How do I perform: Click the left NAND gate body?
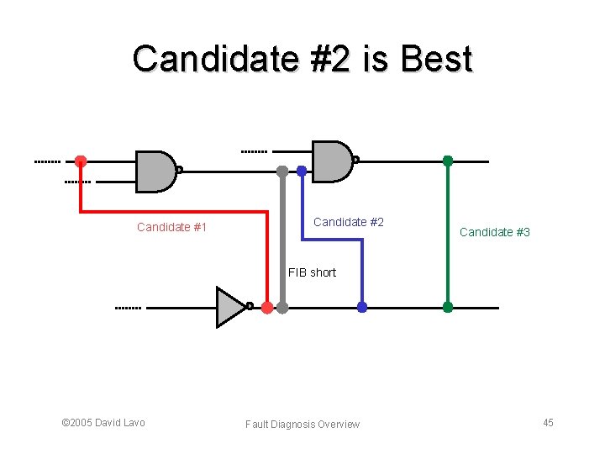coord(155,171)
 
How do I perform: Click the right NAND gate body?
coord(331,161)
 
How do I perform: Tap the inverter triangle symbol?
coord(229,307)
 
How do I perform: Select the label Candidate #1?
coord(172,227)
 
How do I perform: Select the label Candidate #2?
coord(349,222)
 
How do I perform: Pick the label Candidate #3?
coord(495,232)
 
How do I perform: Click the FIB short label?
coord(312,272)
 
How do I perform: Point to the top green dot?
coord(448,161)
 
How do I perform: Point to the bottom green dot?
coord(448,307)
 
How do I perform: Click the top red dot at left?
coord(81,161)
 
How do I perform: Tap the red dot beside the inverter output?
coord(266,308)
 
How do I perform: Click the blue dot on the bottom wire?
coord(362,307)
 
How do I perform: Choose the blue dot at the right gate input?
coord(302,171)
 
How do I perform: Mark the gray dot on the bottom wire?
coord(282,308)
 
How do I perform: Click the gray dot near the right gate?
coord(282,171)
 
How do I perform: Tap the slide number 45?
coord(548,422)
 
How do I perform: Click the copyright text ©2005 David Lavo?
coord(103,422)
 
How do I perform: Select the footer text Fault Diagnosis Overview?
coord(302,424)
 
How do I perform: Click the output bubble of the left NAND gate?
coord(179,170)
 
